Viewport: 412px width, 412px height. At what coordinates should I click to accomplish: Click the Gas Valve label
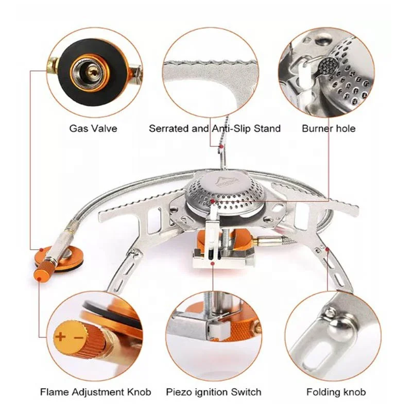coord(93,128)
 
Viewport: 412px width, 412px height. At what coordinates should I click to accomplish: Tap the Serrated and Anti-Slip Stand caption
coord(215,128)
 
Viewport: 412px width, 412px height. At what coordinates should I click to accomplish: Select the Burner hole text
coord(329,128)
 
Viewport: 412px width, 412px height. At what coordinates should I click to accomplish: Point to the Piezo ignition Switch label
coord(213,392)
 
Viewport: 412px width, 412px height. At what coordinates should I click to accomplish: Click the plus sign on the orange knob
coord(60,338)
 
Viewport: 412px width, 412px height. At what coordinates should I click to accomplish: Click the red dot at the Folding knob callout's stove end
coord(327,249)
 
